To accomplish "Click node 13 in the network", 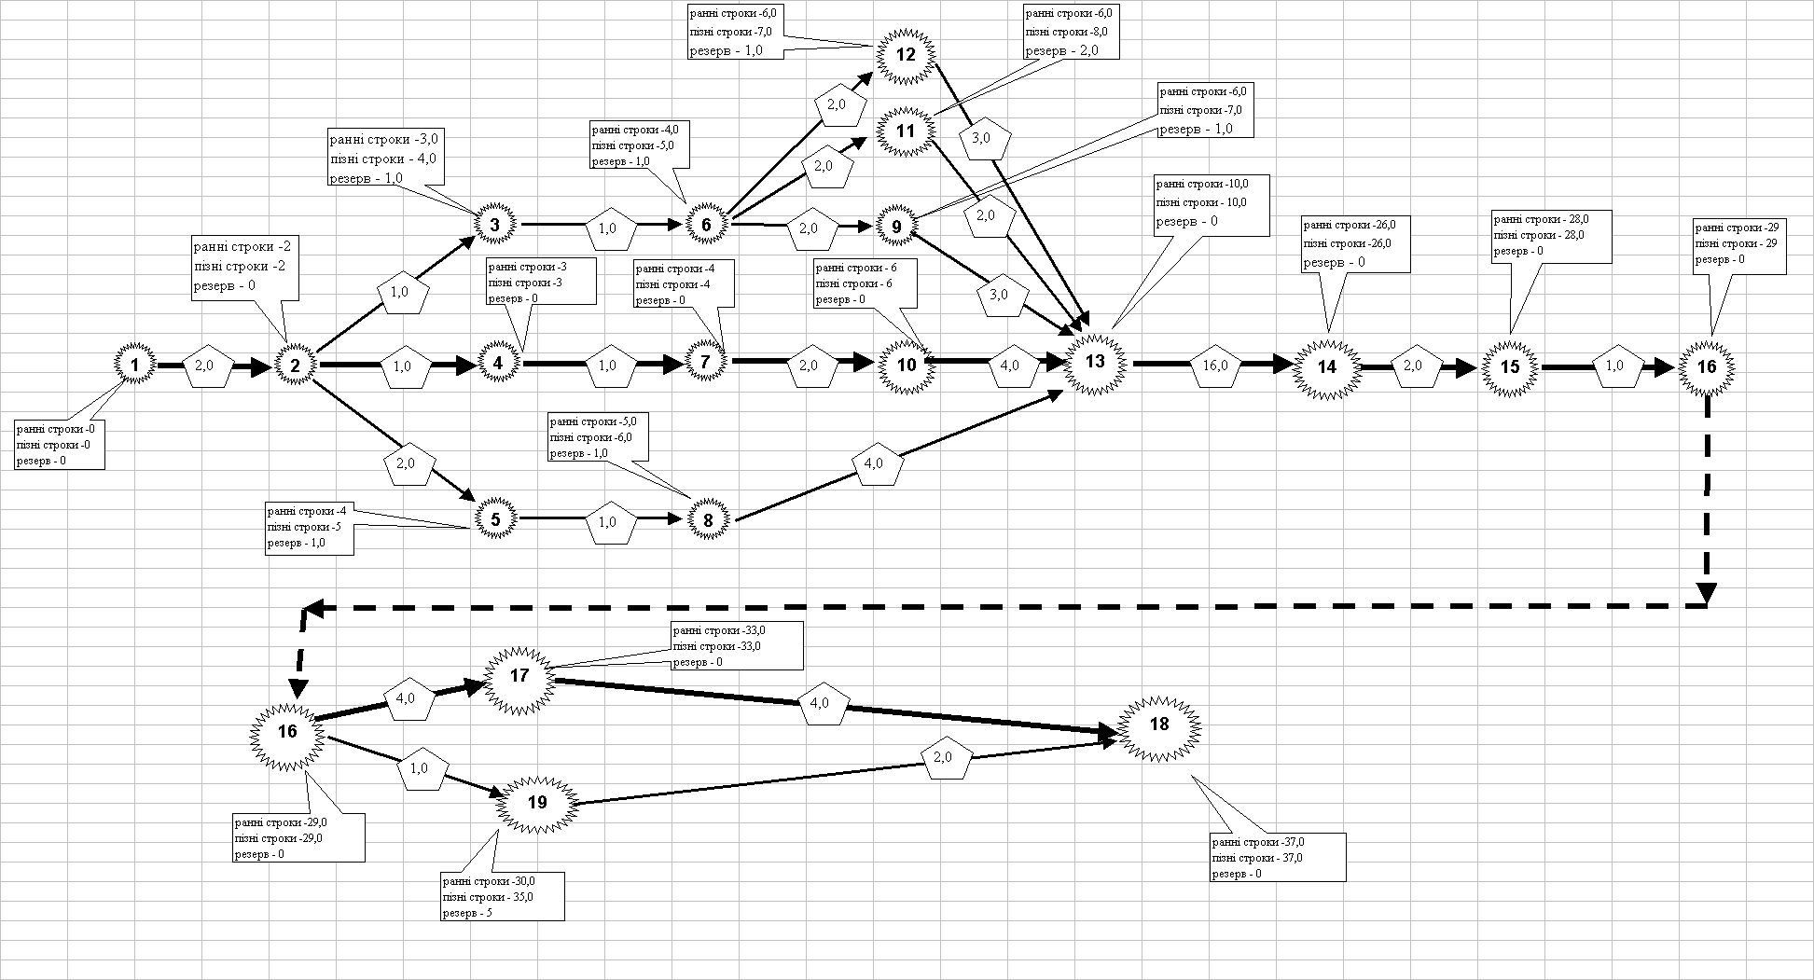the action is pos(1095,362).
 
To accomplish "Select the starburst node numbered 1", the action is pos(135,365).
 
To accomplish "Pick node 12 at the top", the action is pos(906,54).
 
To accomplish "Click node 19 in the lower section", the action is pos(537,801).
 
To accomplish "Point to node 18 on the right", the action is pos(1159,725).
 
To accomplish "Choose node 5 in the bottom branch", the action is pos(495,518).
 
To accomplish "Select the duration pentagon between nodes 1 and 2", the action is pos(208,366).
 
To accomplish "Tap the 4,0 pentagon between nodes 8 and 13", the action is pos(875,465).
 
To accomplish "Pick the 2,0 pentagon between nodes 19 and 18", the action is pos(943,758).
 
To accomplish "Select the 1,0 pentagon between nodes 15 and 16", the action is pos(1614,366).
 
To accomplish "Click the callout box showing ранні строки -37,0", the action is pos(1278,858).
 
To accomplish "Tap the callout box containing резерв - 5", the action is pos(502,897).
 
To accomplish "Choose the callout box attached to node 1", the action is pos(59,444).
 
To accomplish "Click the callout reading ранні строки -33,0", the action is pos(737,645).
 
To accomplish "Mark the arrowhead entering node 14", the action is pos(1281,365).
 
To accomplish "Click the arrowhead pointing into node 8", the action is pos(681,520).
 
